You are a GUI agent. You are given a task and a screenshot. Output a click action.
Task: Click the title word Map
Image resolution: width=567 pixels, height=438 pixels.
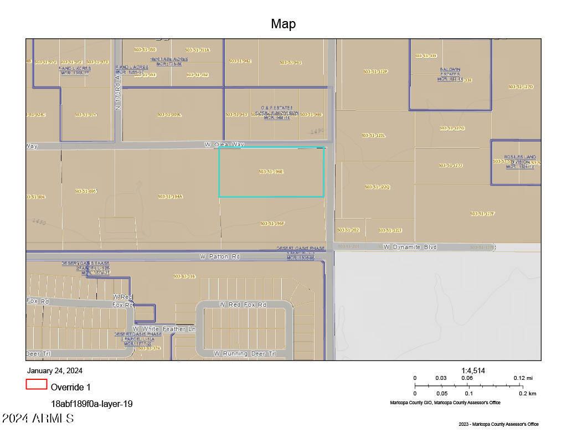click(x=283, y=24)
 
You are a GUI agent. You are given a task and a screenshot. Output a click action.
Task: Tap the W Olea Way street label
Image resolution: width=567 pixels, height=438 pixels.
click(x=224, y=145)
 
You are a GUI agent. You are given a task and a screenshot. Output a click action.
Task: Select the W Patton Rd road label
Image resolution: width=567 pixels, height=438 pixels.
click(x=220, y=257)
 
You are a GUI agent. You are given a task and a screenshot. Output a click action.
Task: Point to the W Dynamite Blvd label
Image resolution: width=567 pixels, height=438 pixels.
click(x=410, y=247)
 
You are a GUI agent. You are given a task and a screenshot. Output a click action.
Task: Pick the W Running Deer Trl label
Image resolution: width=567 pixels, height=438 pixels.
click(x=245, y=353)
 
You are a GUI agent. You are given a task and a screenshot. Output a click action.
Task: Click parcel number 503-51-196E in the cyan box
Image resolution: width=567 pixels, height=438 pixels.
click(x=271, y=172)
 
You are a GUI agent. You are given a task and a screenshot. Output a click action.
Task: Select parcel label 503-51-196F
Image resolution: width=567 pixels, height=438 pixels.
click(x=272, y=224)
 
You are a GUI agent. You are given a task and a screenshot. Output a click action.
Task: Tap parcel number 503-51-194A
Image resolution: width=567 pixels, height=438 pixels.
click(x=170, y=197)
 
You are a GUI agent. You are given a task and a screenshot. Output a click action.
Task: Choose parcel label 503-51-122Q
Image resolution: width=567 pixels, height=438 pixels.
click(x=378, y=187)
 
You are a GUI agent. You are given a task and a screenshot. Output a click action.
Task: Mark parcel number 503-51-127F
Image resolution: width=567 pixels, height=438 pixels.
click(x=482, y=214)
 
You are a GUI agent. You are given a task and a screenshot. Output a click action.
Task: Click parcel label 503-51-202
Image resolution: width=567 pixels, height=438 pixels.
click(x=348, y=230)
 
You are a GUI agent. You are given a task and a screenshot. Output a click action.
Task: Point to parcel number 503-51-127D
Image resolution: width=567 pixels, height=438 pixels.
click(x=520, y=87)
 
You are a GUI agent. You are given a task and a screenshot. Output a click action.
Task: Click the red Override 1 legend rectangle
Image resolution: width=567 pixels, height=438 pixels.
click(x=36, y=384)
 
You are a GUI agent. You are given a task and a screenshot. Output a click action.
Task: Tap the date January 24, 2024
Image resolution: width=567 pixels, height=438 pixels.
click(x=54, y=371)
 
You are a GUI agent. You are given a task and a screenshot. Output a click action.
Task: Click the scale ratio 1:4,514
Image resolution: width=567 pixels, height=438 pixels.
click(x=473, y=370)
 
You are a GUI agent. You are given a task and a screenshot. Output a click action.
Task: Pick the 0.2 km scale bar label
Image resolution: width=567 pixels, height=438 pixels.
click(x=528, y=394)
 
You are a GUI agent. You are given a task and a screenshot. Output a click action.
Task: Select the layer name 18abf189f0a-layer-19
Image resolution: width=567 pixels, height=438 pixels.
click(x=91, y=404)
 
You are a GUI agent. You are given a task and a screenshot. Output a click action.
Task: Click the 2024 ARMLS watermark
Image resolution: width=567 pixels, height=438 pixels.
click(x=38, y=419)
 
